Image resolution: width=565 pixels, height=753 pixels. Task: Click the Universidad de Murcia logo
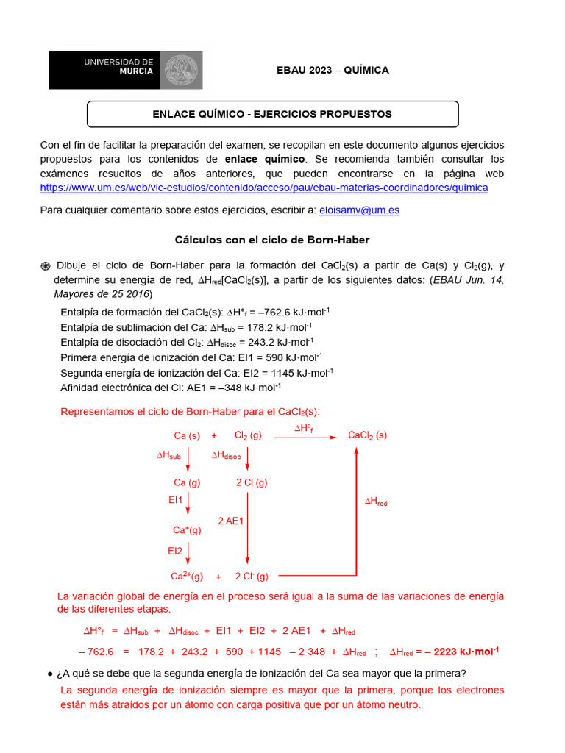click(126, 70)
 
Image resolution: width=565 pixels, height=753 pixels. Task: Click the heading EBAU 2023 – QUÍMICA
click(332, 70)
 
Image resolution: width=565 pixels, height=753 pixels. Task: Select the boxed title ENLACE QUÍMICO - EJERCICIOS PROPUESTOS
click(272, 114)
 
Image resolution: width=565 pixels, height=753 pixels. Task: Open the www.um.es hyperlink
click(264, 188)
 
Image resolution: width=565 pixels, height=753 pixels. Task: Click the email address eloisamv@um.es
click(359, 210)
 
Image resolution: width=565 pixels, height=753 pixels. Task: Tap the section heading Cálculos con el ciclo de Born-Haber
click(272, 240)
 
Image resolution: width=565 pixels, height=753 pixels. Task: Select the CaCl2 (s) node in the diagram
click(367, 435)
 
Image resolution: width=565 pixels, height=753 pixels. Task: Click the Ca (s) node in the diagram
click(187, 435)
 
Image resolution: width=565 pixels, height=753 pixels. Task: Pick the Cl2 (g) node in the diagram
click(248, 435)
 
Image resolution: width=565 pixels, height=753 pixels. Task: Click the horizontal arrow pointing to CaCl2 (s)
click(304, 438)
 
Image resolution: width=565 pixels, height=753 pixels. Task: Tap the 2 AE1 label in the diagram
click(231, 521)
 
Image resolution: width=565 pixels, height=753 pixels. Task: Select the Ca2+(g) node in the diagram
click(187, 577)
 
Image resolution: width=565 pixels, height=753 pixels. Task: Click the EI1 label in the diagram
click(175, 500)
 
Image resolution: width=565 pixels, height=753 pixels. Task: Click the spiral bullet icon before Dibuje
click(45, 266)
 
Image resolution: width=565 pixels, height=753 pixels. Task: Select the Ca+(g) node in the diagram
click(187, 529)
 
